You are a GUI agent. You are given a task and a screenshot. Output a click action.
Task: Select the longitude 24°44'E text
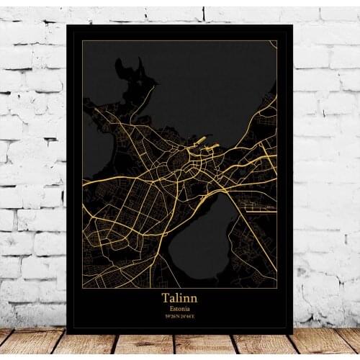(x=188, y=316)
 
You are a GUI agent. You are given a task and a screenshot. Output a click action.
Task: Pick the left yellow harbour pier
(x=200, y=140)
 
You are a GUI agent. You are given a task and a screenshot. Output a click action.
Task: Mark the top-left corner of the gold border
(x=82, y=41)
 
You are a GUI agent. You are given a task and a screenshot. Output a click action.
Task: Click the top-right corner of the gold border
(x=277, y=41)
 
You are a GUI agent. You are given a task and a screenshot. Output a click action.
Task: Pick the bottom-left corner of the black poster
(x=68, y=333)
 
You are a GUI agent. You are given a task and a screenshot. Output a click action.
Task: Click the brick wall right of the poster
(x=324, y=180)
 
